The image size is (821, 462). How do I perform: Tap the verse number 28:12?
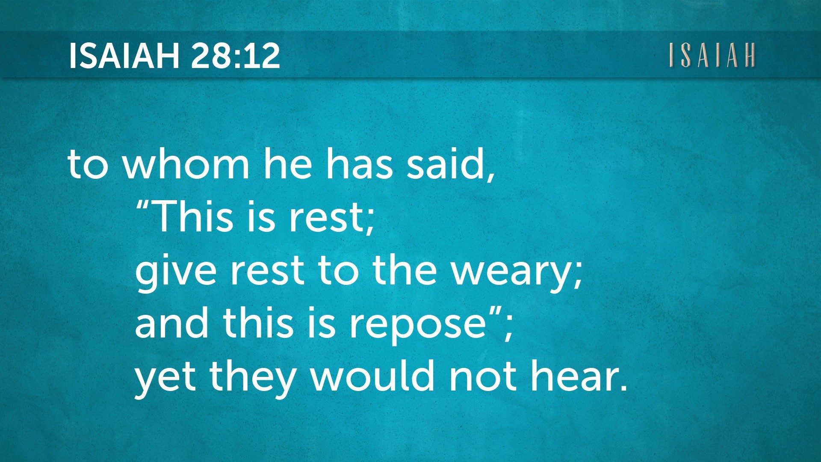pyautogui.click(x=236, y=56)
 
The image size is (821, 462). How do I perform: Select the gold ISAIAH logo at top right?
pyautogui.click(x=712, y=55)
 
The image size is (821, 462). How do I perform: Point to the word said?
pyautogui.click(x=451, y=164)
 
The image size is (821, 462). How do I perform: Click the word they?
pyautogui.click(x=253, y=378)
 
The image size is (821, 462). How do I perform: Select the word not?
pyautogui.click(x=483, y=376)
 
